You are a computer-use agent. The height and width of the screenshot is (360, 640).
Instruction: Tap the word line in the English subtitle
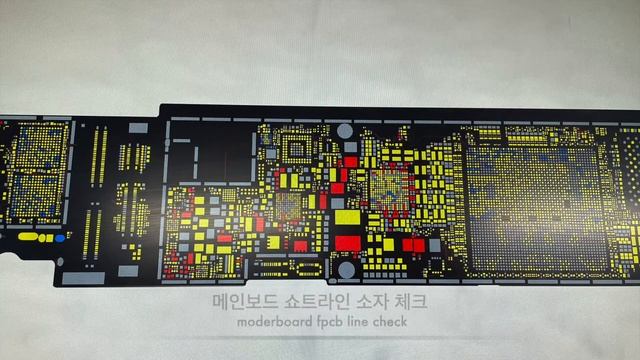(366, 324)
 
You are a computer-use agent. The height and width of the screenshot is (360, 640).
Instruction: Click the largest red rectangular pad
(346, 242)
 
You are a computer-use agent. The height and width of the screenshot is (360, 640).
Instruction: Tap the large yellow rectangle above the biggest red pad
(346, 218)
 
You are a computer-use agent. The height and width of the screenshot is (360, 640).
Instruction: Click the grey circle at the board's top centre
(345, 131)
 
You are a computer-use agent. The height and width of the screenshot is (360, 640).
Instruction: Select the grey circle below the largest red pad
(346, 268)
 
